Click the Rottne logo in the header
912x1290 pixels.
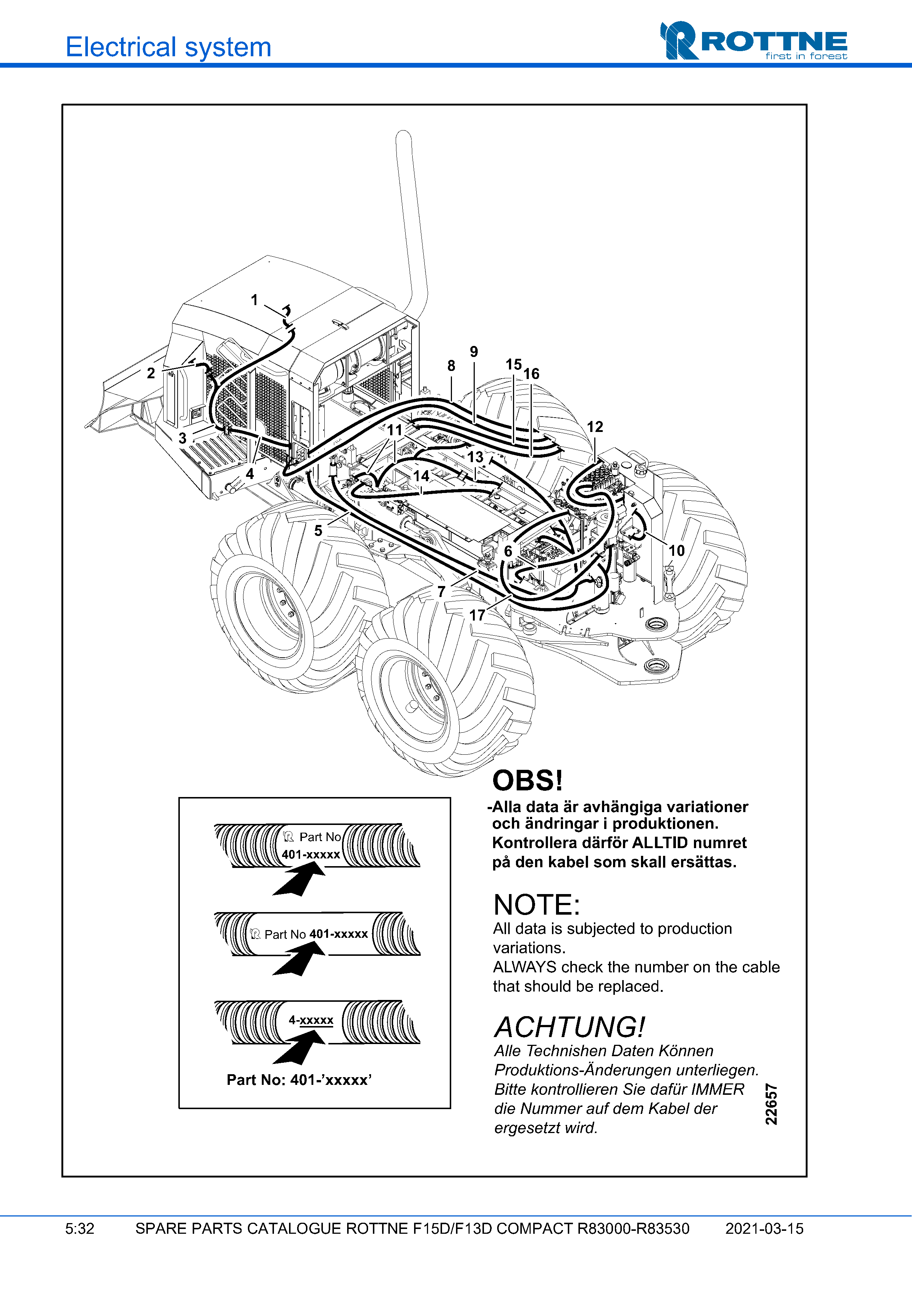(x=753, y=41)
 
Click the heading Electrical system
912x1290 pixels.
(x=168, y=47)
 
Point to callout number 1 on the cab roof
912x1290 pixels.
(x=254, y=300)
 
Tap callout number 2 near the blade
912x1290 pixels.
(x=151, y=373)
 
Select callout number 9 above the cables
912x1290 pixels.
(x=474, y=352)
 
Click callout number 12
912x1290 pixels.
(x=595, y=427)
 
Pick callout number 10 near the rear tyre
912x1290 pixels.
(x=677, y=551)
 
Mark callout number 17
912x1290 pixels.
(x=477, y=615)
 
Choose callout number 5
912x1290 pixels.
(x=318, y=530)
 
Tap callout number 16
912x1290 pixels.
(x=532, y=374)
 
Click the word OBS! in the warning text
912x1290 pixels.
(x=527, y=780)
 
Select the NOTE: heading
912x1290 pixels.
(x=536, y=905)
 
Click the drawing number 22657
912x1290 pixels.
(x=772, y=1104)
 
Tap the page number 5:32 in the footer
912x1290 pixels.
(x=80, y=1228)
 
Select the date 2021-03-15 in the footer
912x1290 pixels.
(x=764, y=1228)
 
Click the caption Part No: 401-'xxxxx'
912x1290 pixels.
(x=299, y=1080)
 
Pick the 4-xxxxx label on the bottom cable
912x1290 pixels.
(x=311, y=1020)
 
